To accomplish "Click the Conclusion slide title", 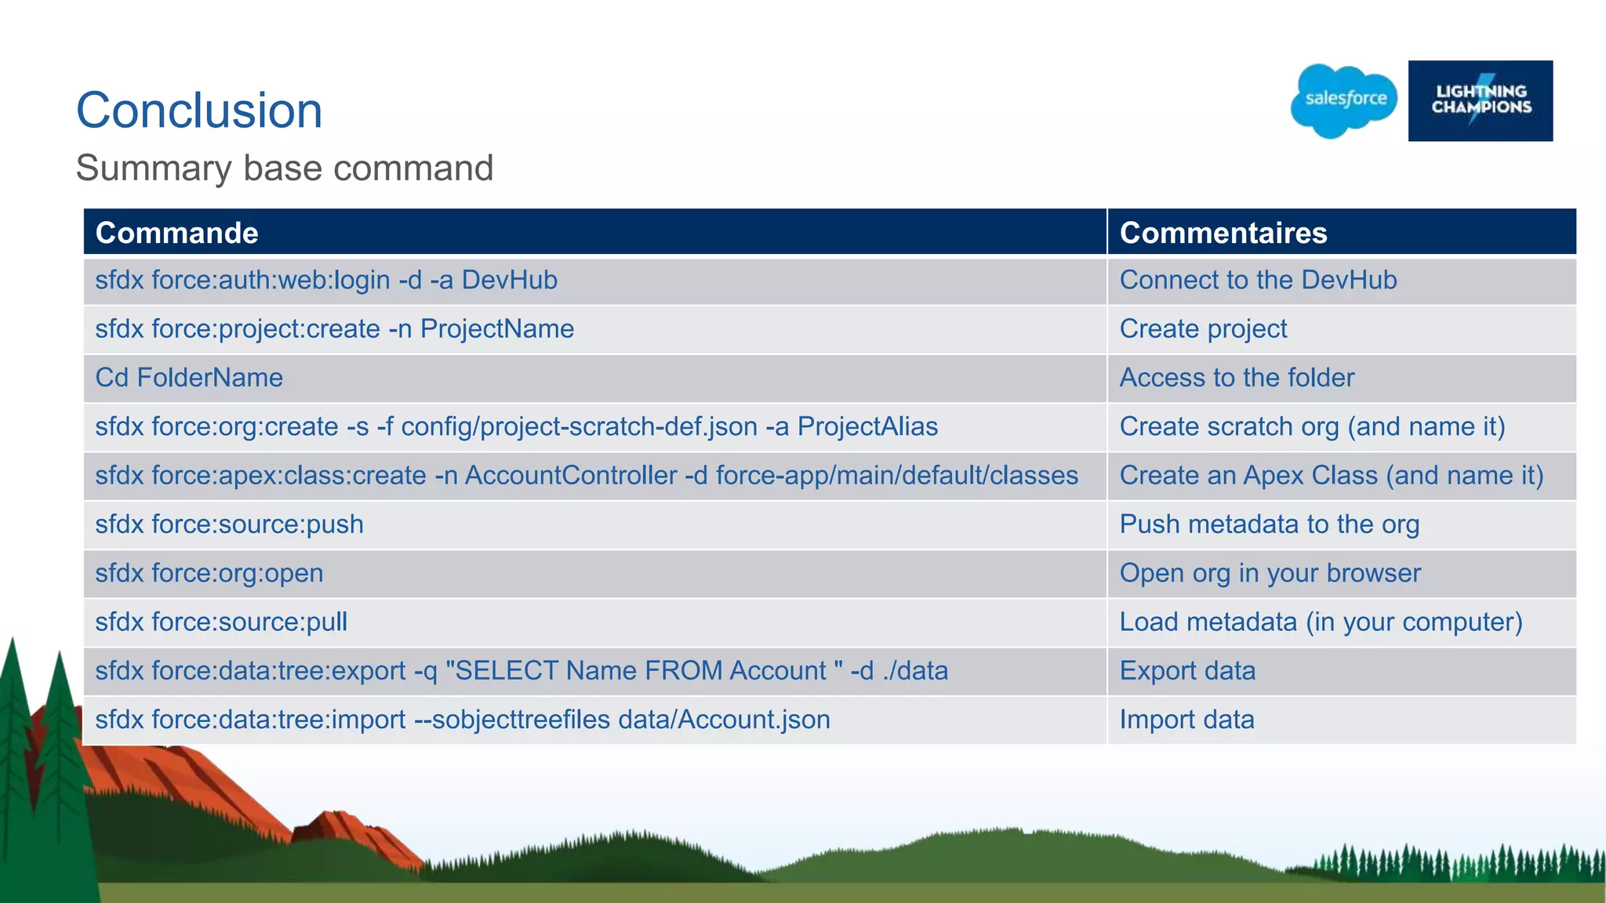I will point(199,111).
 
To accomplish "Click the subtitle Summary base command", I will point(285,169).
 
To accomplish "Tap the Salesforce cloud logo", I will point(1344,100).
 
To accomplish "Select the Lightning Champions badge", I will point(1480,101).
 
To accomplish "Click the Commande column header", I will point(177,233).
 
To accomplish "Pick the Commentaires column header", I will point(1223,233).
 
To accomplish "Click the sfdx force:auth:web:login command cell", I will point(326,281).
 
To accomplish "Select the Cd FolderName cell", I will point(189,378).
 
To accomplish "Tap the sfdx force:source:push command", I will point(230,524).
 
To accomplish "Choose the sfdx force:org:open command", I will point(209,573).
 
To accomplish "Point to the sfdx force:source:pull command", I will point(221,622).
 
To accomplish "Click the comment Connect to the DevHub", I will point(1258,281).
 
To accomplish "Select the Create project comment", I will point(1203,329).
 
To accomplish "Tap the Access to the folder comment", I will point(1237,378).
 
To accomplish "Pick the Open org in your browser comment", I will point(1270,573).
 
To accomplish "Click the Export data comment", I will point(1187,671).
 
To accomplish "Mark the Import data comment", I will point(1186,720).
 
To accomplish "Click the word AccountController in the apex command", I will point(571,476).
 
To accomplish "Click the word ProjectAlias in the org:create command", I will point(867,427).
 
